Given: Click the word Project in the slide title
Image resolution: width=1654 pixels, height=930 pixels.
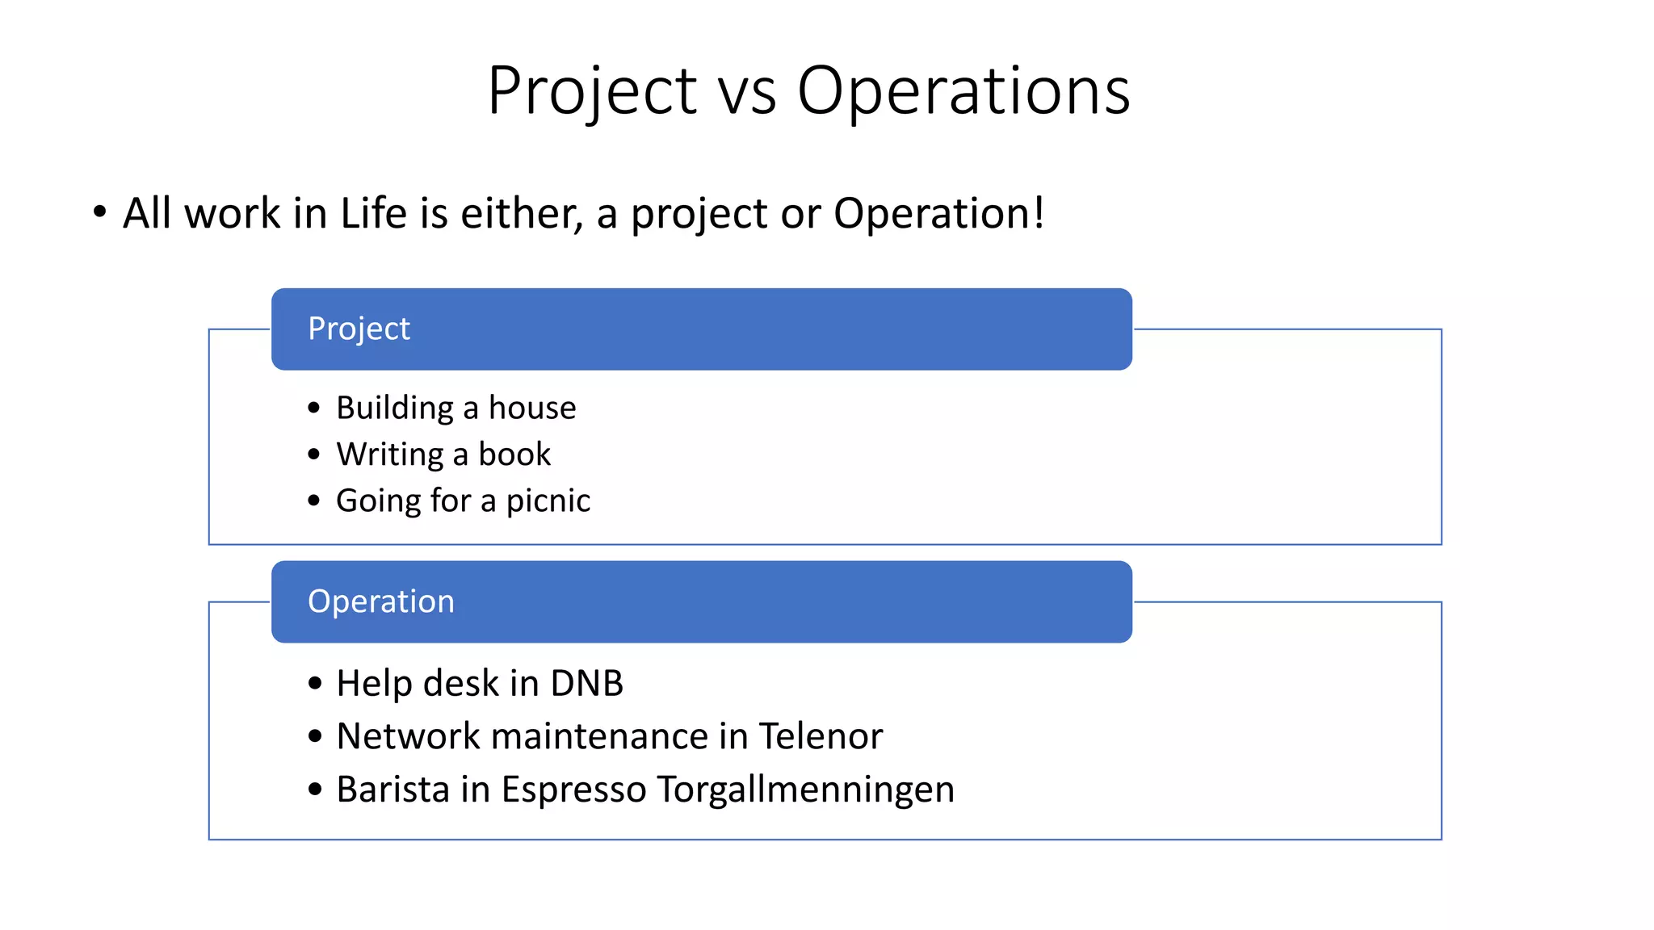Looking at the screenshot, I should point(592,91).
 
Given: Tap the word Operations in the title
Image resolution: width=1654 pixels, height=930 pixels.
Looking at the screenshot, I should point(963,91).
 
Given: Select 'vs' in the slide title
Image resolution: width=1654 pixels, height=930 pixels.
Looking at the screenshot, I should point(746,93).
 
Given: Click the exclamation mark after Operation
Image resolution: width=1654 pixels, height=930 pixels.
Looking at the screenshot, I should point(1039,212).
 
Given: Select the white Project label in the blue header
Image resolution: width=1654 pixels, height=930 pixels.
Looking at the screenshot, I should point(359,329).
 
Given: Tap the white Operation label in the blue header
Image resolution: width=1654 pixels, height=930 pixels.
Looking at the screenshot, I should point(380,601).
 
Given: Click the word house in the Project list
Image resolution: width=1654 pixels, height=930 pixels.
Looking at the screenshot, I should point(532,408).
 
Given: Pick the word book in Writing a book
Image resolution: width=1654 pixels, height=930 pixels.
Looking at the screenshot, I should point(514,455).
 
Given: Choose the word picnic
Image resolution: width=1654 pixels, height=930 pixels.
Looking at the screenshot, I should point(548,501).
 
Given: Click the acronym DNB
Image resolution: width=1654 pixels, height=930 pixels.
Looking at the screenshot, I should point(586,684).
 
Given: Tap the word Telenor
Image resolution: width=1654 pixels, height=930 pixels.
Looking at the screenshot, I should point(821,736).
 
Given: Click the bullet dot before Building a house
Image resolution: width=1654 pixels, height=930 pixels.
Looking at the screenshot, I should point(314,408).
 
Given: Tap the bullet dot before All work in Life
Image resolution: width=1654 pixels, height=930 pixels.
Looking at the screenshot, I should point(99,213).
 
